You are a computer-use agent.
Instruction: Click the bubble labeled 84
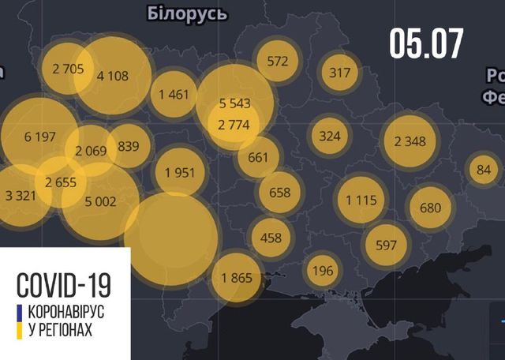pos(484,169)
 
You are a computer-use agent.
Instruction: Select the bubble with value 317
pos(339,73)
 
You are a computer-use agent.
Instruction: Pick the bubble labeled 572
pos(278,60)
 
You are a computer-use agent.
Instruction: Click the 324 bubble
pos(330,136)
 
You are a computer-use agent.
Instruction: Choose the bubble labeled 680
pos(430,208)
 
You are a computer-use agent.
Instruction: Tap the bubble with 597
pos(386,245)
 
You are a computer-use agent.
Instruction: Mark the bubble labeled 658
pos(280,192)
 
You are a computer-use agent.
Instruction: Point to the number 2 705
pos(61,68)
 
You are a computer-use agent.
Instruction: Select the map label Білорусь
pos(187,13)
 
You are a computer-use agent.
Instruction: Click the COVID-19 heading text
pos(62,283)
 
